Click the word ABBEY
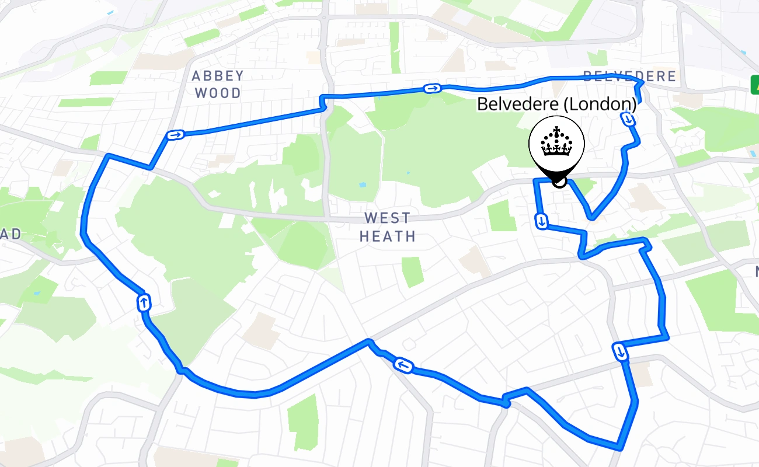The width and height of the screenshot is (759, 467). click(x=218, y=76)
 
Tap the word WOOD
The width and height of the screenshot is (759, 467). click(x=218, y=93)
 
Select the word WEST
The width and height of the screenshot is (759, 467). click(x=388, y=218)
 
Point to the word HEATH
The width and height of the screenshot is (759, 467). click(x=388, y=236)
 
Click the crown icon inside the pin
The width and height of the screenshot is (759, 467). click(x=556, y=143)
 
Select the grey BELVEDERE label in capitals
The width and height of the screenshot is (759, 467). click(x=629, y=76)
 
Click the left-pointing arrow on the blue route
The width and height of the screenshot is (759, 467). click(x=403, y=366)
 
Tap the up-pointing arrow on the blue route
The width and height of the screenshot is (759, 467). click(x=144, y=303)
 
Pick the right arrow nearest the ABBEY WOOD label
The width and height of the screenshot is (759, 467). click(x=175, y=135)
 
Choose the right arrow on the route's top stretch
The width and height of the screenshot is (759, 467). click(x=433, y=89)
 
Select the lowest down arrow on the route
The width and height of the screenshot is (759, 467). click(x=620, y=351)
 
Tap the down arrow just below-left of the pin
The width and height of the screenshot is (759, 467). click(x=542, y=221)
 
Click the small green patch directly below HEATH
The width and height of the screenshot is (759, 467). click(x=413, y=272)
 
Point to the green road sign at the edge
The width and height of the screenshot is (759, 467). click(x=754, y=85)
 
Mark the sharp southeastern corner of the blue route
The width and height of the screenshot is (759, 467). click(x=619, y=447)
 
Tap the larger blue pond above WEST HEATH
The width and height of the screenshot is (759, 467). click(x=363, y=184)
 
